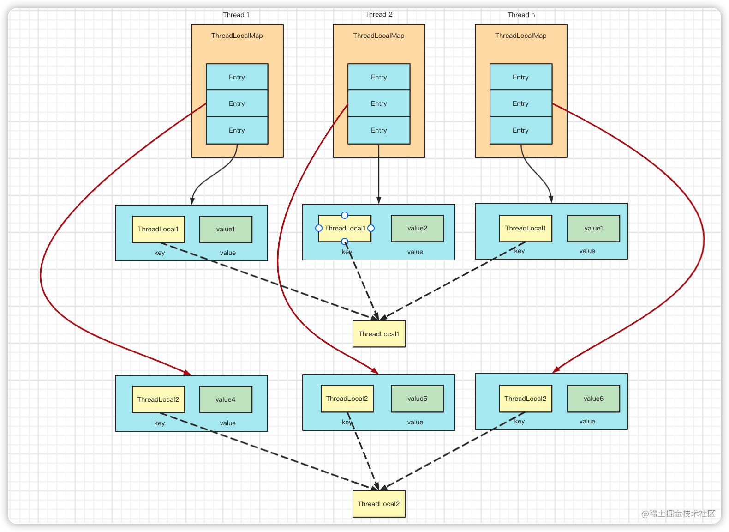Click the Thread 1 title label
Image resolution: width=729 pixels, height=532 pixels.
236,15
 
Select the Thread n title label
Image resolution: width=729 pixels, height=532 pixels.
521,15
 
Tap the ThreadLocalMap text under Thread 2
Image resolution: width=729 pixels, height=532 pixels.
378,36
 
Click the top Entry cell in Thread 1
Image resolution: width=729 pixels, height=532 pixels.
237,77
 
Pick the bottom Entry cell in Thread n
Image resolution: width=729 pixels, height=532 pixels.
520,130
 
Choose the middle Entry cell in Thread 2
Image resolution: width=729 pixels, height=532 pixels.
378,103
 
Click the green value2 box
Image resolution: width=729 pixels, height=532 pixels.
417,228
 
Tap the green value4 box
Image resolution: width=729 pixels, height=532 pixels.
226,399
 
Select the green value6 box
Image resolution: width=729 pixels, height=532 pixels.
593,399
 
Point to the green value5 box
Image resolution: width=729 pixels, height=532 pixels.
417,399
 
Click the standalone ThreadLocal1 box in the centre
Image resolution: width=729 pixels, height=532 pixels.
379,334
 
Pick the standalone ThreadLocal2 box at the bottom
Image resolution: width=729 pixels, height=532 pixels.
379,504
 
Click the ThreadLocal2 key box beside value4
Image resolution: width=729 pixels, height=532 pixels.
158,399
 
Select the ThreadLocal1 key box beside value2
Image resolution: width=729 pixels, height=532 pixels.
345,228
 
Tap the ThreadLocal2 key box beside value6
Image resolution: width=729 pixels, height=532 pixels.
526,399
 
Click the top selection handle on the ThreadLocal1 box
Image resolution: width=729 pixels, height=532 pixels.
345,215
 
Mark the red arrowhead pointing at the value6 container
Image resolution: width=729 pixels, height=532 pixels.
556,369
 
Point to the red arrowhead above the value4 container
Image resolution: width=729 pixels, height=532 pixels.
187,372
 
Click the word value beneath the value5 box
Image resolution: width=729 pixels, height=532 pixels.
415,422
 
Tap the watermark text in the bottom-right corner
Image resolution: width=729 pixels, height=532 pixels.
678,514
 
